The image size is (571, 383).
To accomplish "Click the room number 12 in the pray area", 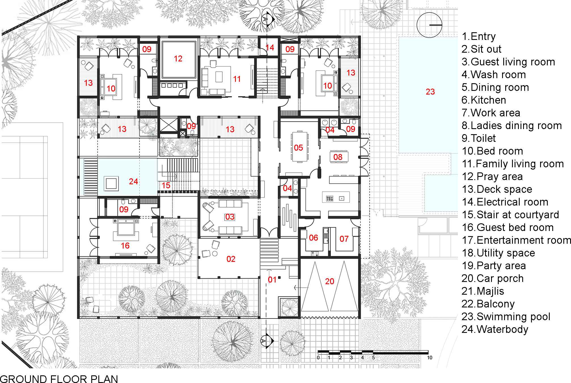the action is click(178, 59).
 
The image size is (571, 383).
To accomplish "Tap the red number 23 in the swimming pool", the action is click(430, 92).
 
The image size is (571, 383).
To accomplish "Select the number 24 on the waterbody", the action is click(134, 181).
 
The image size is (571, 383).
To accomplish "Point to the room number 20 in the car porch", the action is click(329, 281).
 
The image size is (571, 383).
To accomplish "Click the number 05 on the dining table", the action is click(298, 147).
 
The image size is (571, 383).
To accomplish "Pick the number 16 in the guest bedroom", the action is click(125, 246).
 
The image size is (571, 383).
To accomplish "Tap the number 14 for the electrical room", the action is click(270, 48).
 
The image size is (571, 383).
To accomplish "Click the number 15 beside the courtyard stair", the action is click(166, 185).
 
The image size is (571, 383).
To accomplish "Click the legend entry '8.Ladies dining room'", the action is click(512, 125).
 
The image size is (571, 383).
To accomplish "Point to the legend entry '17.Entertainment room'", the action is click(516, 240).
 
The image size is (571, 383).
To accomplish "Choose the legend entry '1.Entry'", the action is click(479, 37).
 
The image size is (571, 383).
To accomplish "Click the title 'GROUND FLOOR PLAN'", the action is click(59, 379).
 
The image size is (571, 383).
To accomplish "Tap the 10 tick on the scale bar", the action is click(430, 358).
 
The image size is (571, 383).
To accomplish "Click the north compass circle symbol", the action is click(429, 25).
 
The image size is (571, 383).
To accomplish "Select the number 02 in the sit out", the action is click(231, 259).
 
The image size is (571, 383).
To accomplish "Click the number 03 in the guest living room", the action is click(230, 217).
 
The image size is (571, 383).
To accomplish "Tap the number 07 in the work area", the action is click(344, 239).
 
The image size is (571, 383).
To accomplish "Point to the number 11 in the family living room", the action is click(237, 79).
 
